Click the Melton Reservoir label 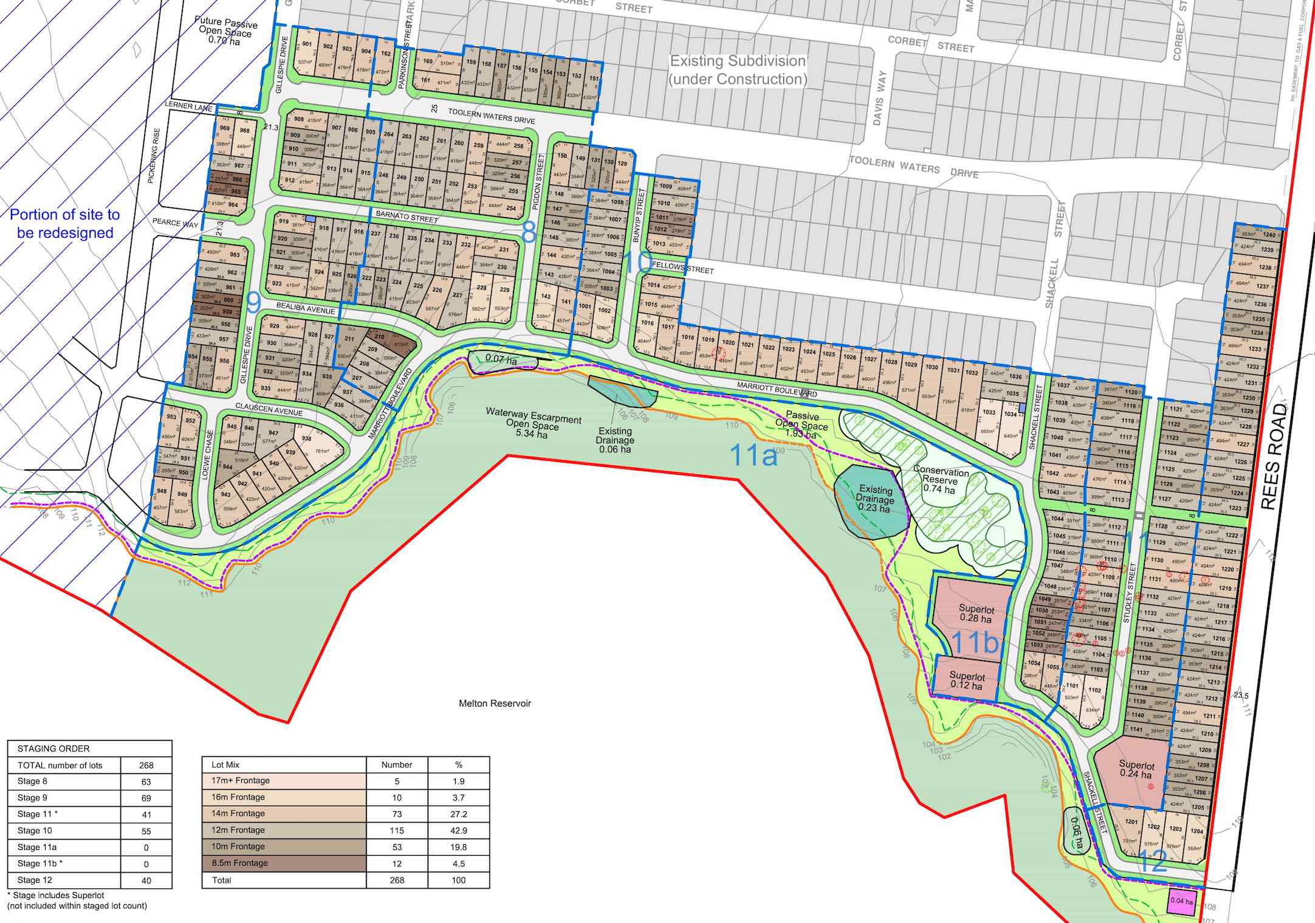495,703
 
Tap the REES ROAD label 1274,456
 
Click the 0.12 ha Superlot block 966,680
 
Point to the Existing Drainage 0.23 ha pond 870,500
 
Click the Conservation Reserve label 941,479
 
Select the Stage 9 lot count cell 146,798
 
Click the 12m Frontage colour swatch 284,830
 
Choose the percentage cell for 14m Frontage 458,814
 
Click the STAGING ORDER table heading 53,748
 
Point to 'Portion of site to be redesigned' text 65,223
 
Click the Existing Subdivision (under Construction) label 738,70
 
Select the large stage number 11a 753,455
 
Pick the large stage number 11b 974,642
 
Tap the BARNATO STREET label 407,216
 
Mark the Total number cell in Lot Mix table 397,880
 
